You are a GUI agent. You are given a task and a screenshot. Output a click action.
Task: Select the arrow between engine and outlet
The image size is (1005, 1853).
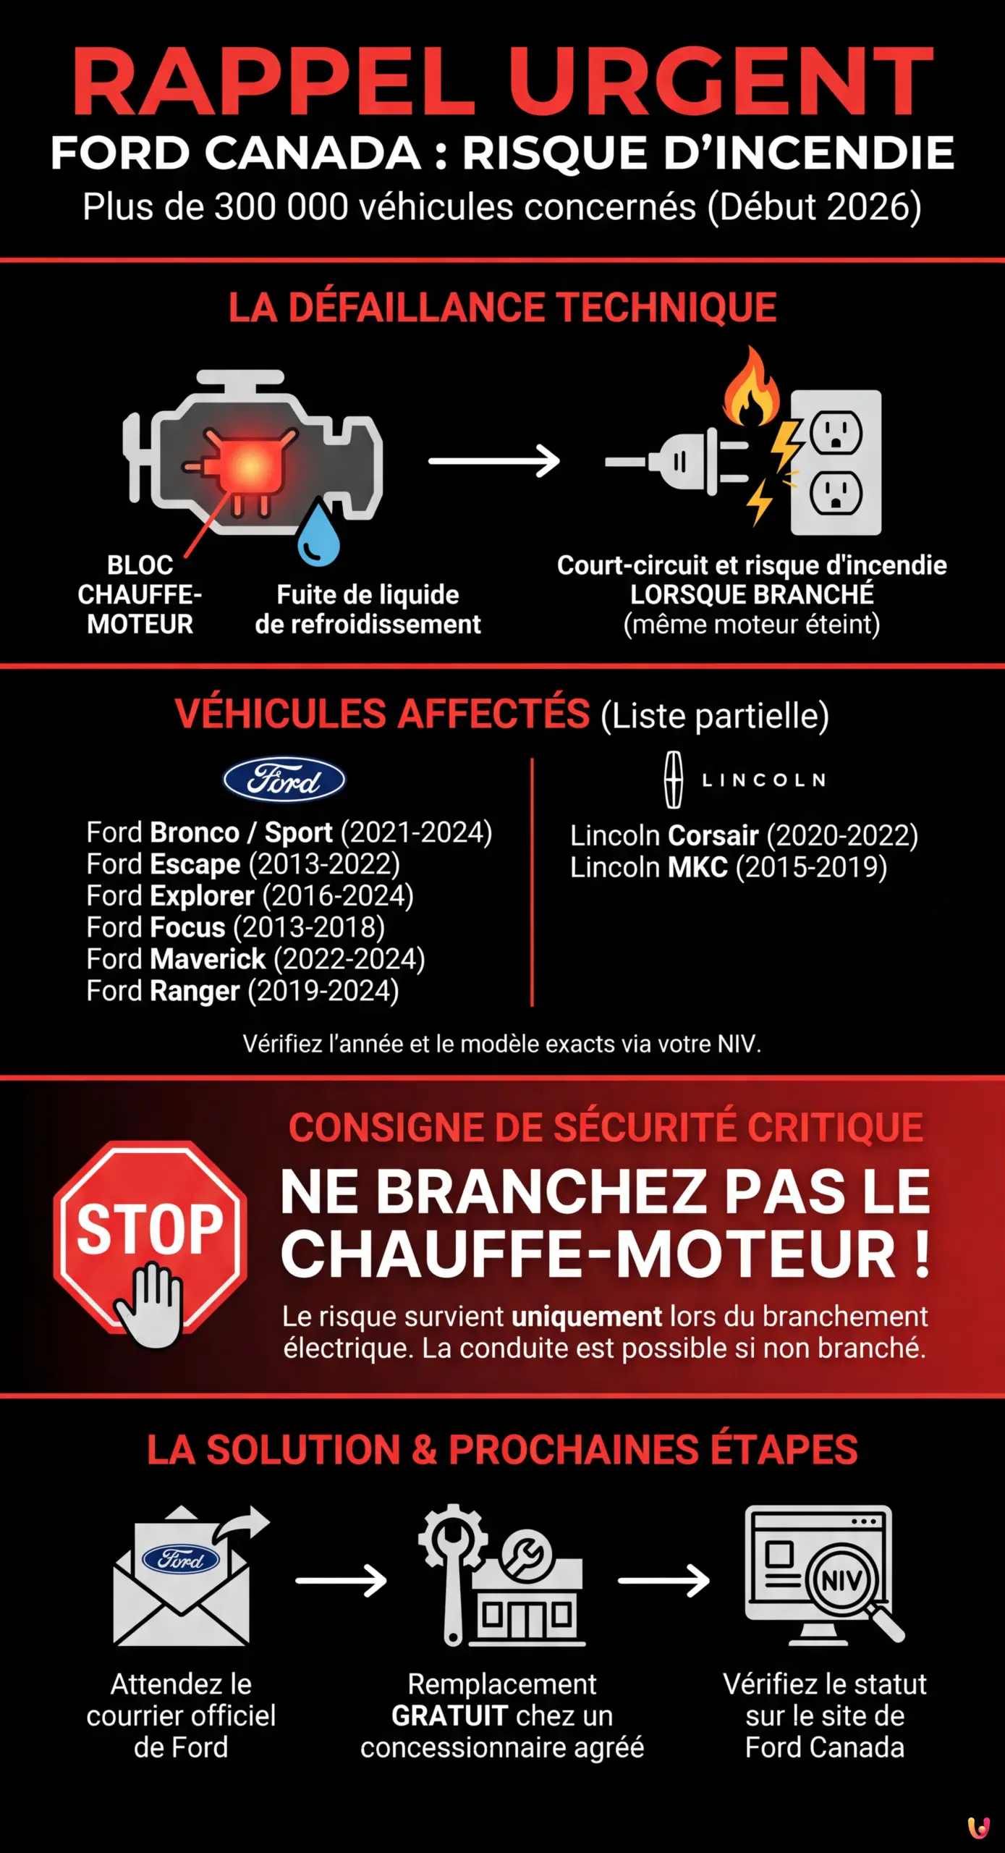point(494,461)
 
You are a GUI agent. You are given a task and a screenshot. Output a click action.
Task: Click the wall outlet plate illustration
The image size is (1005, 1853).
point(836,463)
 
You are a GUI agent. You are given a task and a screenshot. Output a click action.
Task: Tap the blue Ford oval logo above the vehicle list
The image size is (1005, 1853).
point(284,780)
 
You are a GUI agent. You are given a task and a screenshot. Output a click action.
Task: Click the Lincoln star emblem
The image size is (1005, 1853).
point(674,780)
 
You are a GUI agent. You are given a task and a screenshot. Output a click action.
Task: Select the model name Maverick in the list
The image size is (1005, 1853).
point(208,959)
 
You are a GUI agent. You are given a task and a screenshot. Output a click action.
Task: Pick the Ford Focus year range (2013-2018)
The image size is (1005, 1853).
point(309,927)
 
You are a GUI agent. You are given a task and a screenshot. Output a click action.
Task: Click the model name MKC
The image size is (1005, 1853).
point(697,867)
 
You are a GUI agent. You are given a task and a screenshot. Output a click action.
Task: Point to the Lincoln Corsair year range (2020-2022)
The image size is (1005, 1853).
point(842,835)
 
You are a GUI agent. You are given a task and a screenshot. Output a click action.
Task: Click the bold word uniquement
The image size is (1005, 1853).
point(587,1317)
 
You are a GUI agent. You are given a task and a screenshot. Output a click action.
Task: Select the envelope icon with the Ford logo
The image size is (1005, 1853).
point(182,1578)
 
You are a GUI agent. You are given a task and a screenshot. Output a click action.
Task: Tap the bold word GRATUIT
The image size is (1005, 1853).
point(449,1715)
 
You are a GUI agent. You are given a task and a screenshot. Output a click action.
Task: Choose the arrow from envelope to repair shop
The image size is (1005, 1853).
point(341,1581)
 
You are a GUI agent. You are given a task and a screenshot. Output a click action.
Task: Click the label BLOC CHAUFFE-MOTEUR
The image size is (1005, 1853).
point(140,594)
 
